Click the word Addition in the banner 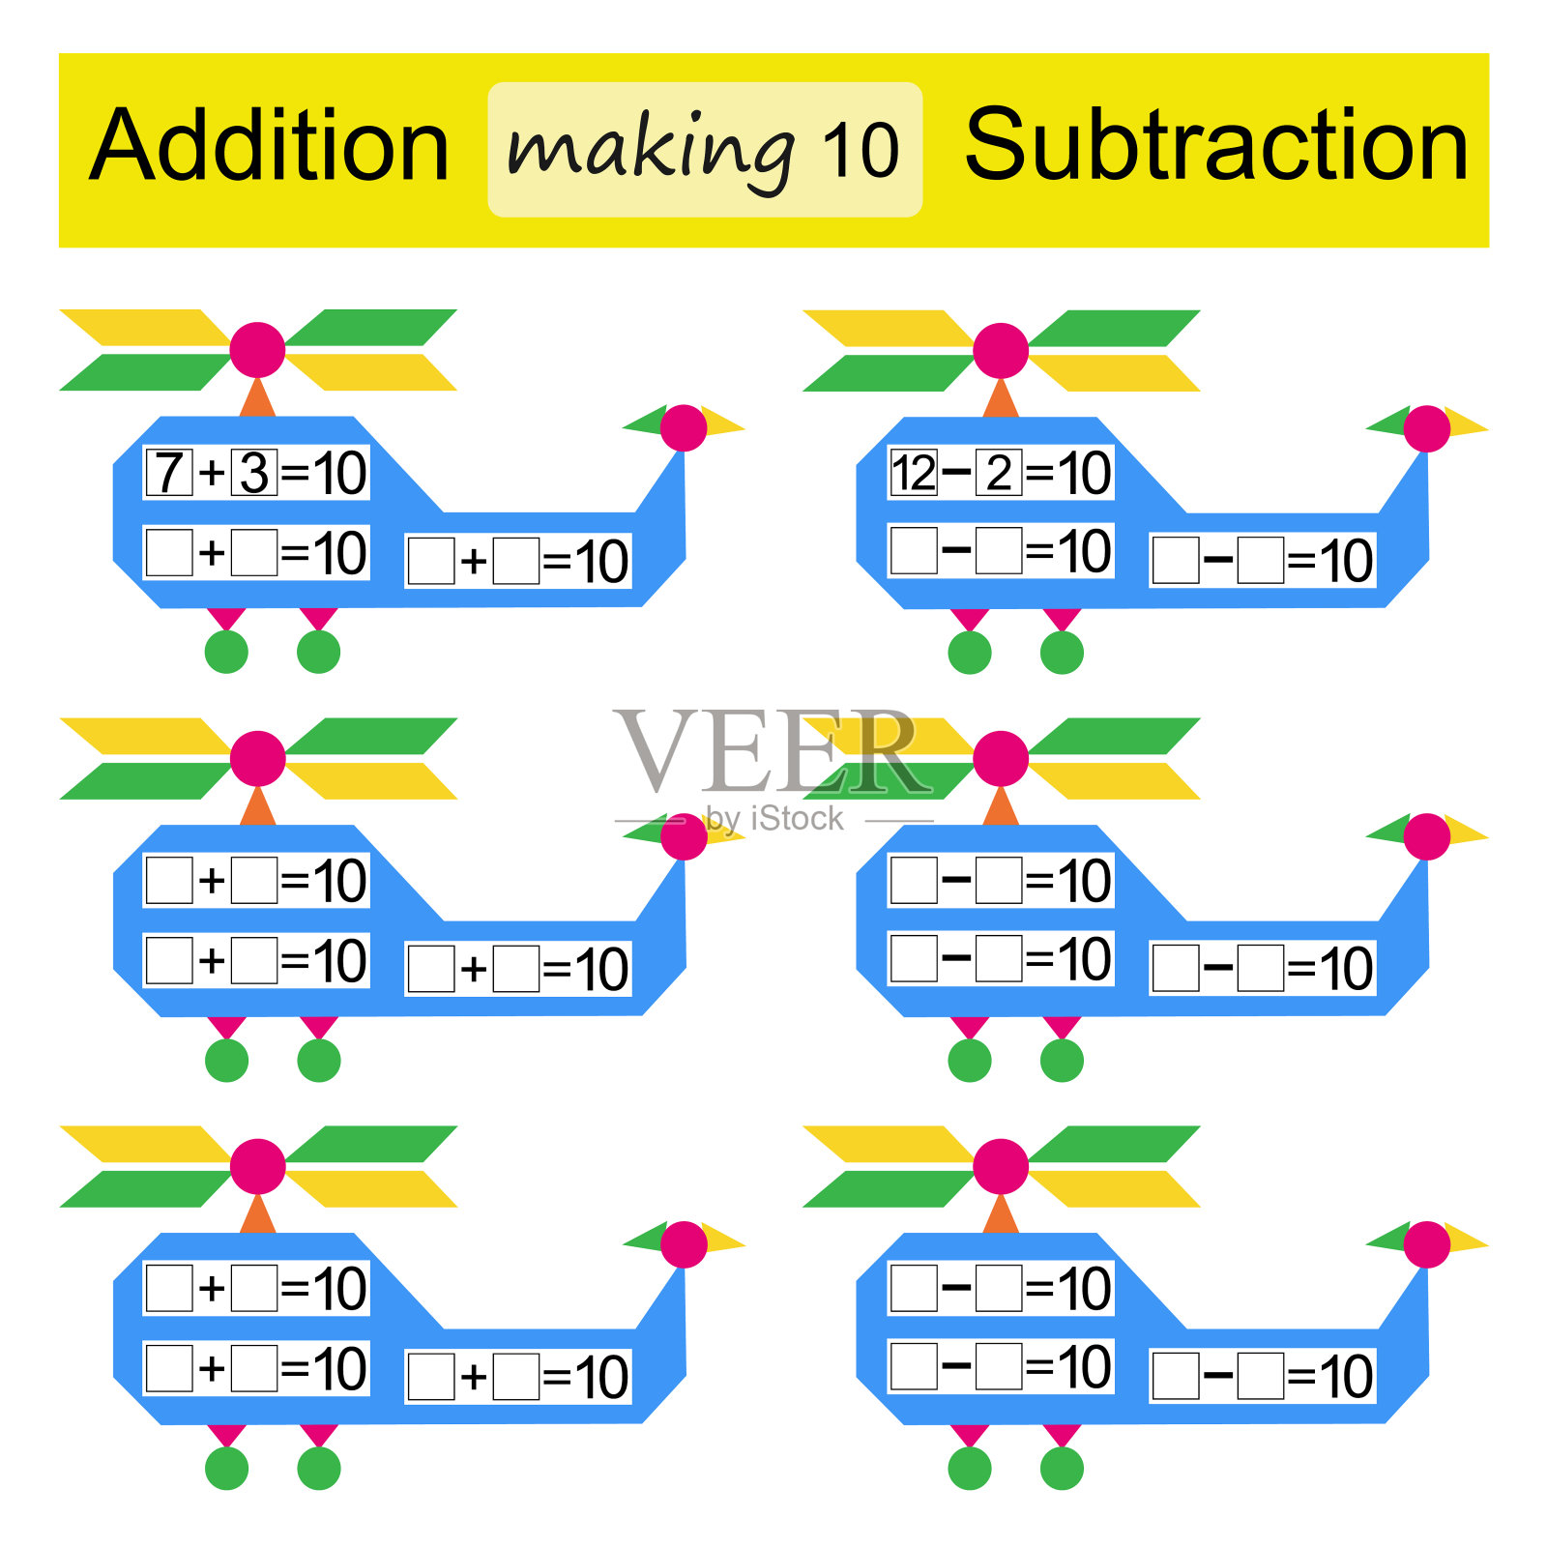270,147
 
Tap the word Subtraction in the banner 1216,147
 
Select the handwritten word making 651,150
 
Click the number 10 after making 860,151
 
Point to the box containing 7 169,473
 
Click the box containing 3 254,473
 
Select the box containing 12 914,473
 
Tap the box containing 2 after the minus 999,473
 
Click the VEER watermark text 769,752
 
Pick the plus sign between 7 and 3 212,474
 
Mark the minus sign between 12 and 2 956,472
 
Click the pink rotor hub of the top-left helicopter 257,349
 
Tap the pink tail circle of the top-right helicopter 1427,428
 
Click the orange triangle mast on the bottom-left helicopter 257,1215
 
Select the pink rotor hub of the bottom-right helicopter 1001,1166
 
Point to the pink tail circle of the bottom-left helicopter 685,1244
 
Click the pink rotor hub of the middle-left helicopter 257,758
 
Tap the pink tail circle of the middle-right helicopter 1427,836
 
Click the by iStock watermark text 773,819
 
